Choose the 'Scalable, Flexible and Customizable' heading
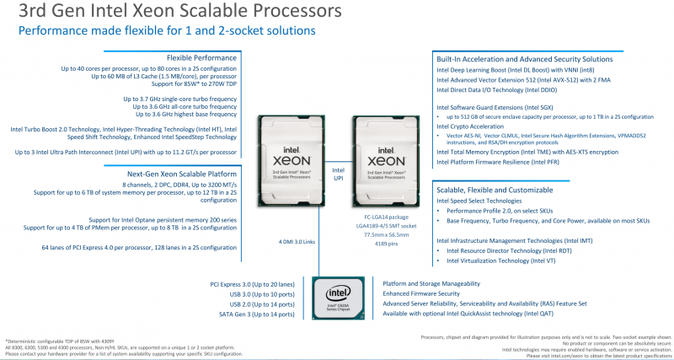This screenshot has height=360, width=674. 493,191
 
